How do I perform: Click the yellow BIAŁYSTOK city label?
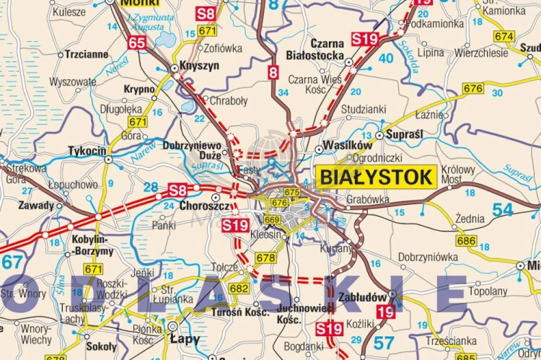(376, 177)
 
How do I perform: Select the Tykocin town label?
(87, 151)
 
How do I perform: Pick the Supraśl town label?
(405, 135)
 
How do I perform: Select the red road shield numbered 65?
(137, 43)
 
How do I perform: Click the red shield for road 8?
(273, 72)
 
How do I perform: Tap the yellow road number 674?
(504, 36)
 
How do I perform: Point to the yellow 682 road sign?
(239, 289)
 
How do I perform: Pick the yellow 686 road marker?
(466, 241)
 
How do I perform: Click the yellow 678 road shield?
(265, 258)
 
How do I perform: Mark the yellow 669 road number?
(272, 220)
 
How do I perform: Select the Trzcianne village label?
(87, 54)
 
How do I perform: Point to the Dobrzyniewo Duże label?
(192, 149)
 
